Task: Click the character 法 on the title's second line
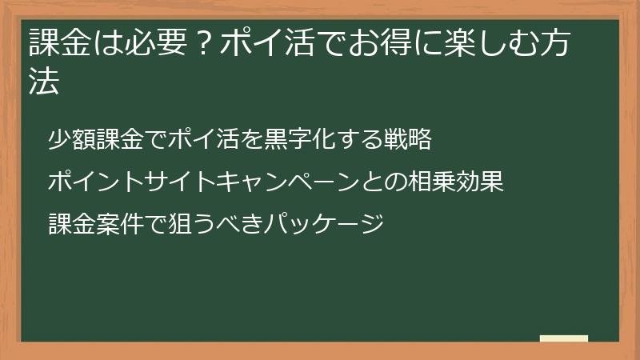(44, 82)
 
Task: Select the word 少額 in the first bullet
(71, 140)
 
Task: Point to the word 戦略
(409, 140)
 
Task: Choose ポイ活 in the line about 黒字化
(198, 140)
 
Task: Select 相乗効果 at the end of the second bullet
(456, 182)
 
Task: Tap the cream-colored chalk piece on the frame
(564, 338)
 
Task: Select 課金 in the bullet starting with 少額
(118, 140)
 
